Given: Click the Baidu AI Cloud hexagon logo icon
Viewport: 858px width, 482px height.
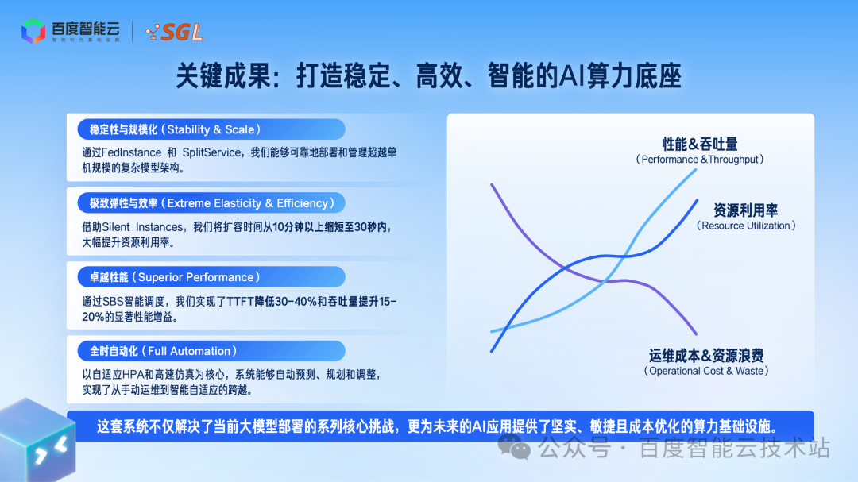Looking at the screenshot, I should click(x=33, y=31).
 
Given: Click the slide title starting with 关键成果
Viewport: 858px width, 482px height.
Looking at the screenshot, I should click(x=428, y=77).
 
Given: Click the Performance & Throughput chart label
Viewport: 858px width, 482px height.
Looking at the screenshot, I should click(x=700, y=151).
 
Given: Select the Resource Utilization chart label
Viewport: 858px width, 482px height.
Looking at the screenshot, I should click(x=745, y=218).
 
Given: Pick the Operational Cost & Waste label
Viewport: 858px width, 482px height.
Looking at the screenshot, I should click(x=705, y=363).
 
